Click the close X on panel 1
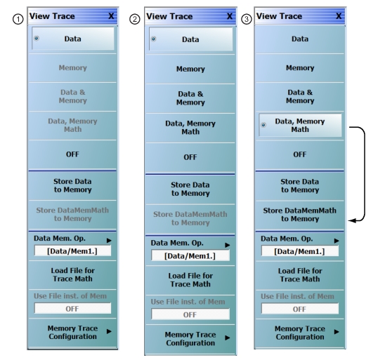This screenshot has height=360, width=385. click(x=111, y=16)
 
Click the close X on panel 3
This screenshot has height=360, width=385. click(x=339, y=16)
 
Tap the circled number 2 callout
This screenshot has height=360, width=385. click(x=135, y=19)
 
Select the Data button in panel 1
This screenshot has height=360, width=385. click(x=73, y=39)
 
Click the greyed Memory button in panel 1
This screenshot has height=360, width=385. click(x=72, y=67)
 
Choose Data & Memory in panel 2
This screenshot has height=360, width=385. click(x=190, y=98)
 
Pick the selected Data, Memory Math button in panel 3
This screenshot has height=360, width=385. click(x=300, y=125)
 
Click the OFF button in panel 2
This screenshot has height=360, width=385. click(x=190, y=157)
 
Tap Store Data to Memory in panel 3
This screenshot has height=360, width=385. click(x=300, y=186)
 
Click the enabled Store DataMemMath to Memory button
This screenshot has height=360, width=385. click(x=300, y=215)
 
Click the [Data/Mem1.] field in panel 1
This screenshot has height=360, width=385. click(x=72, y=251)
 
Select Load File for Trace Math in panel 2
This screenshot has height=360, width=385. click(x=190, y=280)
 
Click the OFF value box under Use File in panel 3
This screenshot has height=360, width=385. click(x=300, y=309)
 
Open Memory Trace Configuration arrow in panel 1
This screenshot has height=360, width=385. click(x=110, y=331)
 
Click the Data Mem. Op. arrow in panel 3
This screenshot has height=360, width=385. click(x=337, y=241)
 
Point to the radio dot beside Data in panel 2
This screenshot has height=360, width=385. click(x=153, y=39)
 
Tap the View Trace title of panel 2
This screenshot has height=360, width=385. click(x=169, y=16)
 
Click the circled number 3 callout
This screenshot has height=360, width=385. click(x=247, y=19)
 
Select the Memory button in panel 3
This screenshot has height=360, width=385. click(x=300, y=67)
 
